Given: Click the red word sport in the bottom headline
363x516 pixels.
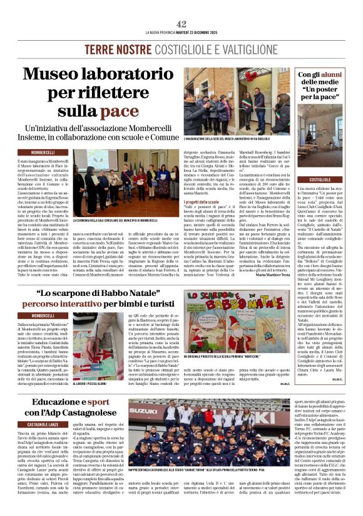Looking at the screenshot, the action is [x=98, y=401].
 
